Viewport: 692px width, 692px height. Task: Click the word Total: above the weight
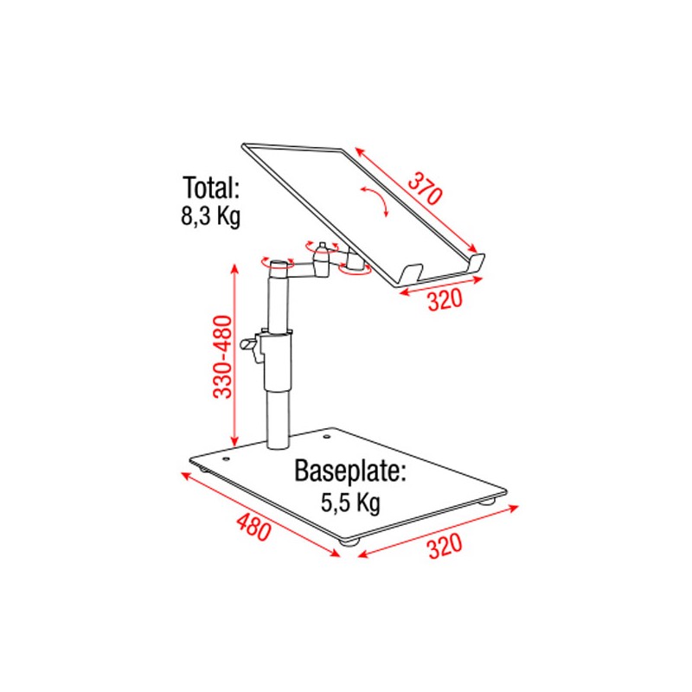pos(210,189)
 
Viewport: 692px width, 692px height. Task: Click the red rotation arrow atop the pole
pos(276,260)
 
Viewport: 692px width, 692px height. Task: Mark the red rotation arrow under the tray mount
pos(356,269)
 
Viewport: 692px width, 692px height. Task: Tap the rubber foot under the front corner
pos(349,542)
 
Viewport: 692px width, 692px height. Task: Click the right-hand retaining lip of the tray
pos(477,262)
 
